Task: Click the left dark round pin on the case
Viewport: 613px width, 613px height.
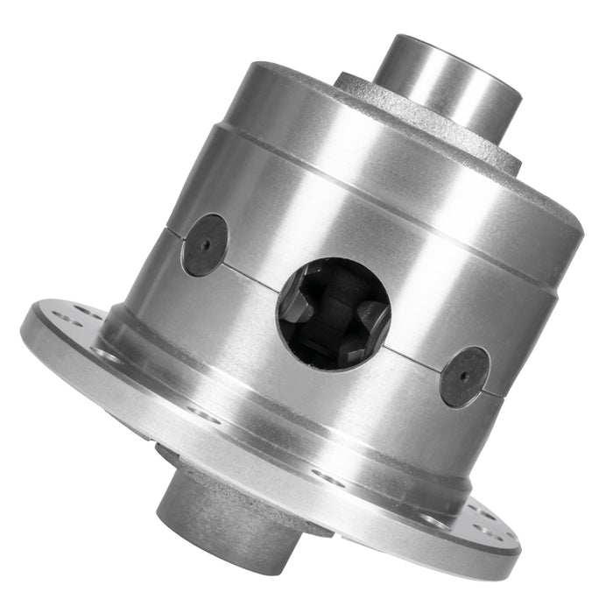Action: coord(205,245)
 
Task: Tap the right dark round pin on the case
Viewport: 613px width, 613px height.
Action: coord(464,377)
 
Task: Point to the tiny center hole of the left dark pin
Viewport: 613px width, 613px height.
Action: coord(205,245)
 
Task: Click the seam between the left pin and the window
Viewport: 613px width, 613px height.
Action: coord(254,268)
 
